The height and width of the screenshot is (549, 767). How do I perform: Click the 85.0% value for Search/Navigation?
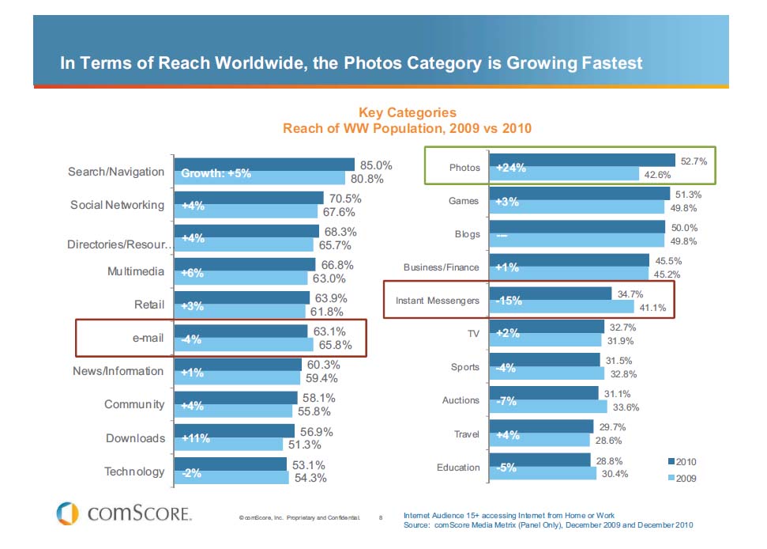tap(376, 166)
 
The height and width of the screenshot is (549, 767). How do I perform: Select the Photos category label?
tap(464, 168)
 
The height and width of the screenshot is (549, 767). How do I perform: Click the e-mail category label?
tap(148, 338)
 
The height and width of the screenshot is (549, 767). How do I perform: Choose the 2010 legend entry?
tap(681, 461)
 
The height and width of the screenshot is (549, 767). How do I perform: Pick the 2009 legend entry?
tap(681, 479)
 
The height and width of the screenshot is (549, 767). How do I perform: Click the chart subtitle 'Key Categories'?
tap(407, 113)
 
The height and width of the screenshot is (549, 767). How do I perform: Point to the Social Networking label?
tap(117, 205)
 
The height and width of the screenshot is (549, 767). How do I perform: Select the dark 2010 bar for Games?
tap(581, 194)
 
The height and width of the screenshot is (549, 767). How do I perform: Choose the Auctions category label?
tap(461, 400)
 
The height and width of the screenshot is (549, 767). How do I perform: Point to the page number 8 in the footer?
tap(380, 519)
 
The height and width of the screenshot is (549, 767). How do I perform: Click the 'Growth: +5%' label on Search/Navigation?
tap(216, 173)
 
